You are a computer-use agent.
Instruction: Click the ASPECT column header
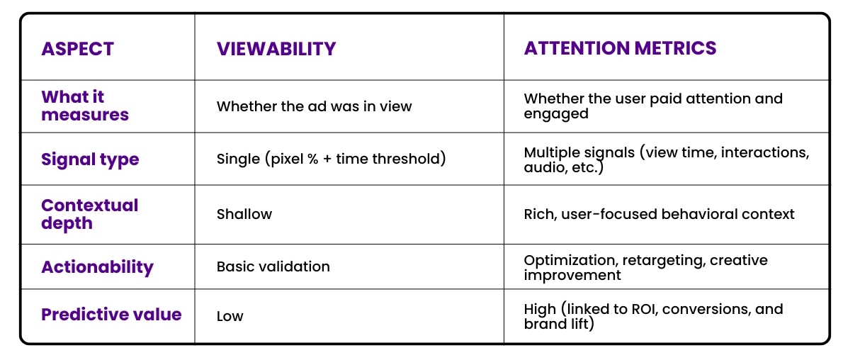pos(77,49)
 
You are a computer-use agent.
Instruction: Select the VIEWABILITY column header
pos(276,49)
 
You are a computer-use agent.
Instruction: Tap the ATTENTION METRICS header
pos(620,49)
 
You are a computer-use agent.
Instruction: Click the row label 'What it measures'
pos(85,106)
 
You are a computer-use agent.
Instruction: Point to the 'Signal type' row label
pos(90,159)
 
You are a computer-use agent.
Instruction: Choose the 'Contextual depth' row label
pos(90,214)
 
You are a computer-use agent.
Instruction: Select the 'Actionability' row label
pos(97,267)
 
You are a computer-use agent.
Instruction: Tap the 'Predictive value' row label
pos(111,315)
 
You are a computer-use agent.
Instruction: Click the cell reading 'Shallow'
pos(244,214)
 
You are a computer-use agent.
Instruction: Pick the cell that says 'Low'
pos(230,316)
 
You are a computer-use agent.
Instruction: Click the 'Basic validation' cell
pos(273,267)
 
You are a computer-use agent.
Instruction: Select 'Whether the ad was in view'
pos(314,106)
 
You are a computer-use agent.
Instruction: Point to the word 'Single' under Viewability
pos(238,159)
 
